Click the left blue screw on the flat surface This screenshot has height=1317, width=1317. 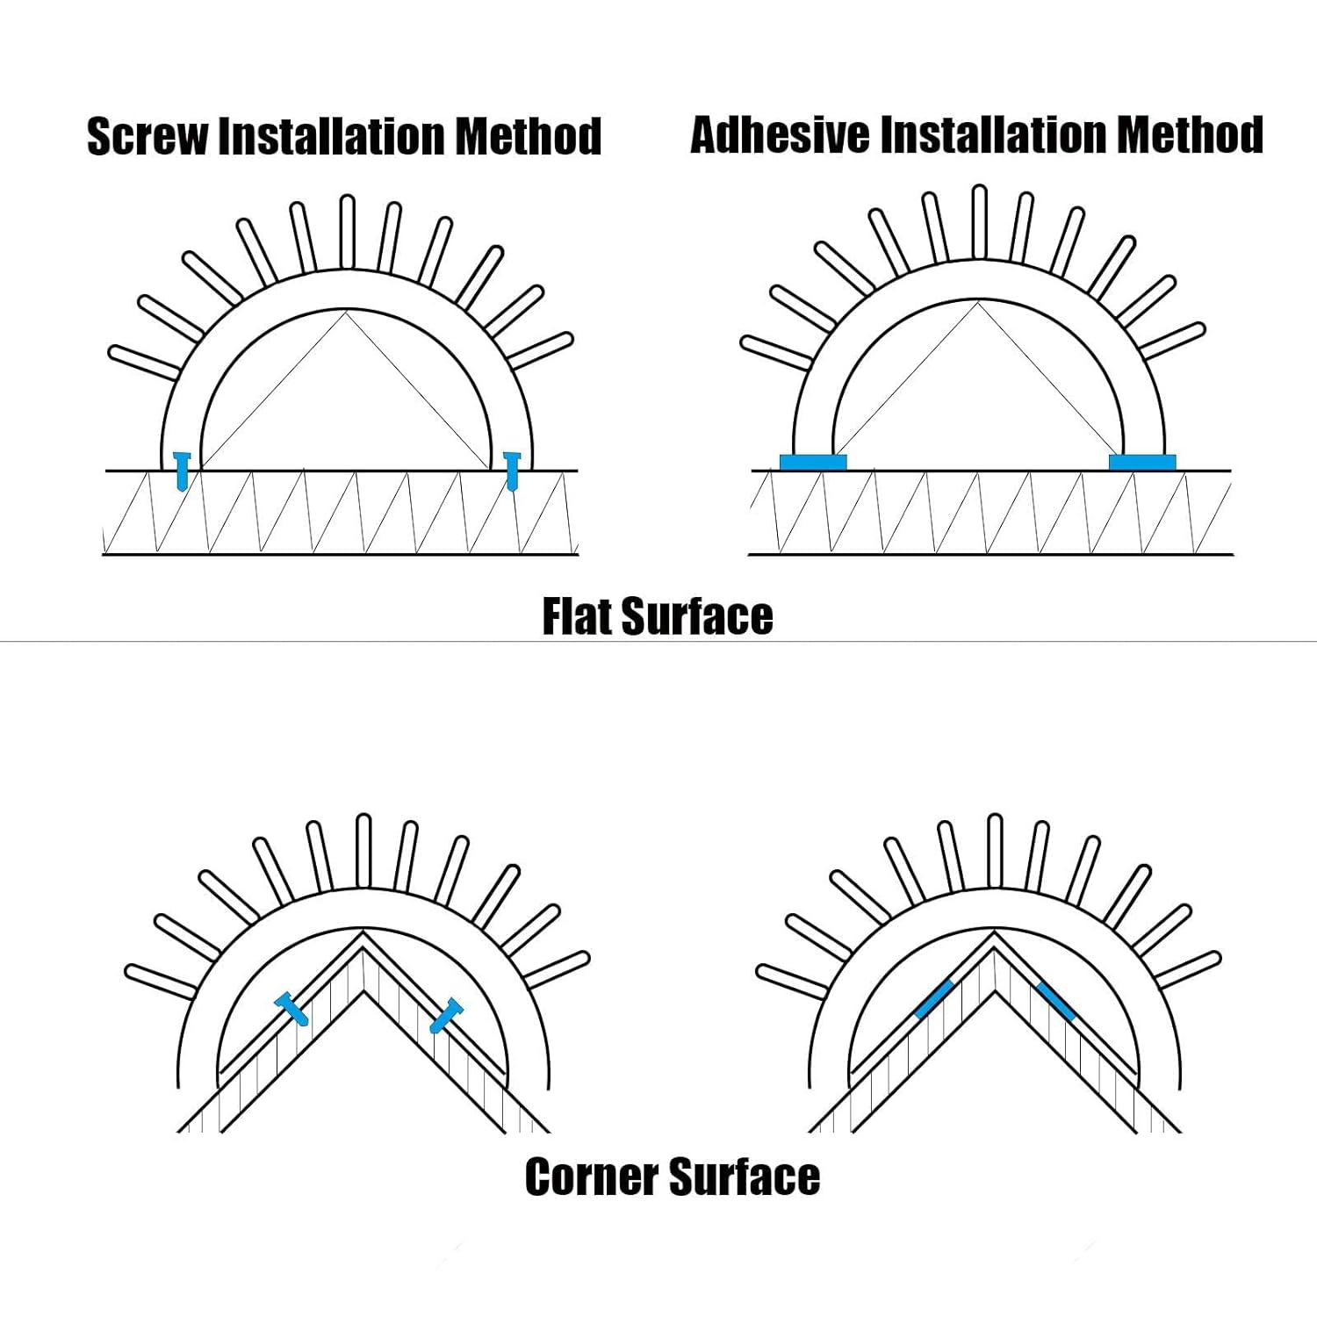(182, 471)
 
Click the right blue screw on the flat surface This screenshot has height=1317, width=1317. (513, 470)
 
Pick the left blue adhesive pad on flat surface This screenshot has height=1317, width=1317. (813, 462)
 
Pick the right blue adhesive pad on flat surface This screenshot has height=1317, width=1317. (1142, 462)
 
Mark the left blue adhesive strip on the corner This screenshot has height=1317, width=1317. (934, 999)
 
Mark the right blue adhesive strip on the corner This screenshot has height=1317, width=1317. (1055, 1001)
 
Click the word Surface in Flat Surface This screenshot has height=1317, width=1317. (697, 616)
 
